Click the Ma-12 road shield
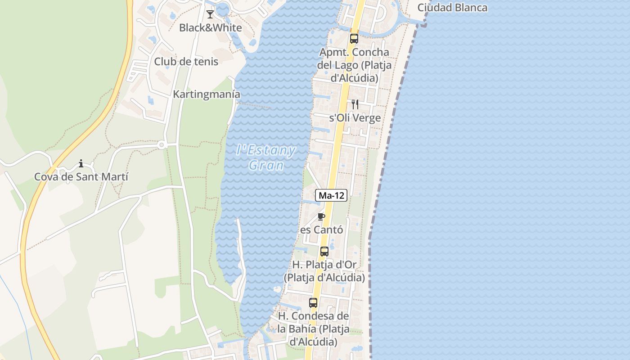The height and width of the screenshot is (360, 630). (331, 195)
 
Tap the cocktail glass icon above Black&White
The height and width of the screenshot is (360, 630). (210, 14)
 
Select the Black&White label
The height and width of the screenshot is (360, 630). (210, 27)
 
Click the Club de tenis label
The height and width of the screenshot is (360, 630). (186, 62)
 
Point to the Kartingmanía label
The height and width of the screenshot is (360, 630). (207, 94)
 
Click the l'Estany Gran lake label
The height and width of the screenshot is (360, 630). (266, 157)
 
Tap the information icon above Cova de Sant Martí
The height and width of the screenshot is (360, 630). (81, 163)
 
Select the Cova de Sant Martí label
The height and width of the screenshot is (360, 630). (81, 177)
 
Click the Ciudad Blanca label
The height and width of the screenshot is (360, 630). (452, 8)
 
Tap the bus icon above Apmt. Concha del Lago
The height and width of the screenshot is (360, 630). (354, 39)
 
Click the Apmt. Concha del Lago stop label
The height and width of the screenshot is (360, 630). (354, 65)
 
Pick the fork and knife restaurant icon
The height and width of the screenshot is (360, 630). (355, 104)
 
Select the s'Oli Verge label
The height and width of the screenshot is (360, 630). (355, 118)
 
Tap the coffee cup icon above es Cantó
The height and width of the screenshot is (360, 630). (321, 216)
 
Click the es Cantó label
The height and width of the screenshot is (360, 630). (321, 230)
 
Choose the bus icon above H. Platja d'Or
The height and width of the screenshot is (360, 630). (324, 252)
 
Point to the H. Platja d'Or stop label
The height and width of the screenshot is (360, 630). (324, 271)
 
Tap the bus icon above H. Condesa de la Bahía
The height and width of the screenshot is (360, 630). (313, 303)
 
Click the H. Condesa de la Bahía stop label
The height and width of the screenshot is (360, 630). (313, 329)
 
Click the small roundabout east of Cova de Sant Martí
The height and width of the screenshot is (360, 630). (161, 145)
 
